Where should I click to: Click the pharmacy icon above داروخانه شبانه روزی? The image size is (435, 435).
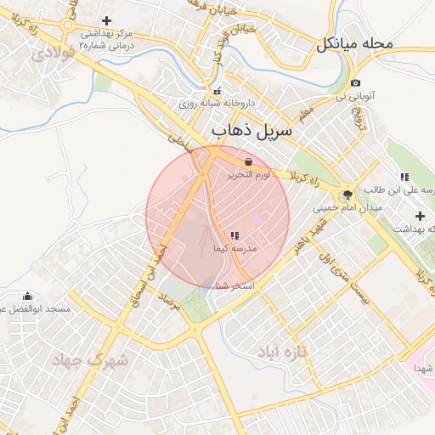tap(217, 91)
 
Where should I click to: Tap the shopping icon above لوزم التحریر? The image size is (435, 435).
tap(247, 161)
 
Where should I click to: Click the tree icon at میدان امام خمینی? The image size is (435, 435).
tap(347, 195)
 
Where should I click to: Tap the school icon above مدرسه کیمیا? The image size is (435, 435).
tap(234, 235)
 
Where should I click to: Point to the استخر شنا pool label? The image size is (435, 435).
tap(237, 287)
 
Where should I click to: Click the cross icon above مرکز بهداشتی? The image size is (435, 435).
tap(106, 20)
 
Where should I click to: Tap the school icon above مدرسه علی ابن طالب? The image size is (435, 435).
tap(404, 177)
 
